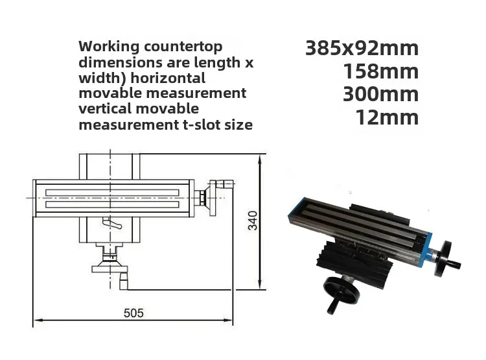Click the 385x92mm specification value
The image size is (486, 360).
click(x=362, y=49)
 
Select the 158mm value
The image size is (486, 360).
click(x=381, y=71)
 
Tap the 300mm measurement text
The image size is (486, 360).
click(x=381, y=94)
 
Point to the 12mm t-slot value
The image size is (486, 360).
click(x=387, y=117)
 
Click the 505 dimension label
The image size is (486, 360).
click(x=133, y=313)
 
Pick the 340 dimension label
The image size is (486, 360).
click(x=253, y=221)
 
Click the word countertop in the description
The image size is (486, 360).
click(x=183, y=47)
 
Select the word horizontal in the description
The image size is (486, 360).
click(x=168, y=78)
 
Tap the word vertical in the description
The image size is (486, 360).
click(x=105, y=108)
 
